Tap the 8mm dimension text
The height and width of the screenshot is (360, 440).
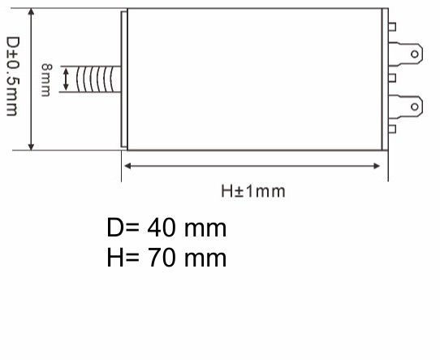(46, 79)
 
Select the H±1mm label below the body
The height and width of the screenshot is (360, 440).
(253, 191)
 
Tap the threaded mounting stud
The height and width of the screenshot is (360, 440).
(97, 79)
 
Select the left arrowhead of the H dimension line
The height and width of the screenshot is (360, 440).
(127, 166)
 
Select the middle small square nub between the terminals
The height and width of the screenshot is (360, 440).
(392, 78)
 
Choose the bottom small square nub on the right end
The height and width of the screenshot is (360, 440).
(392, 128)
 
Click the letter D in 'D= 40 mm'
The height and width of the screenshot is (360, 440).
(115, 228)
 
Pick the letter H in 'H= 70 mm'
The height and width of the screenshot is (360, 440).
(115, 258)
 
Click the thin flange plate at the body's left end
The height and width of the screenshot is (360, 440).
(123, 79)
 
